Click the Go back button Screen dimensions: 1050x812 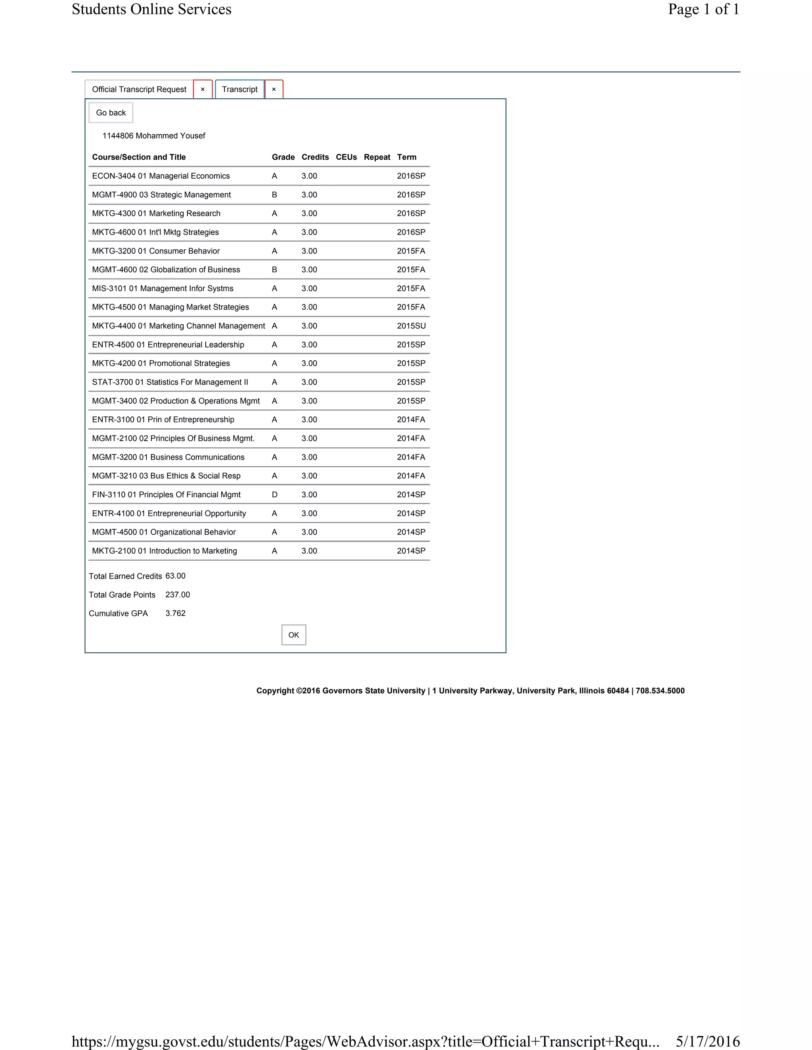[111, 113]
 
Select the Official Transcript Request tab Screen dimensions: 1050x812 [139, 90]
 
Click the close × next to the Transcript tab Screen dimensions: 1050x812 [274, 90]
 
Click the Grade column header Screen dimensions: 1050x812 [283, 157]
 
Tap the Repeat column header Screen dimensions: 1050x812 [377, 157]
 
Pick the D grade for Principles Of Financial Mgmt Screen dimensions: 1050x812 [274, 495]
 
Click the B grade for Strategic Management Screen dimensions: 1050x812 [274, 195]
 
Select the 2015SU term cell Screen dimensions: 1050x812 [411, 326]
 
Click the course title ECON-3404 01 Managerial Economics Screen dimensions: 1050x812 [161, 176]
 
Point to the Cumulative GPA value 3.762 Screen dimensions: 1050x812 [175, 613]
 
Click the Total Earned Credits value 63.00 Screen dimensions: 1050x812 [175, 576]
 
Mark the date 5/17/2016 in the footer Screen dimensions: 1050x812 [708, 1041]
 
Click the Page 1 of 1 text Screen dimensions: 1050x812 [703, 9]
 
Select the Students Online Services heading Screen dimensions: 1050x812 [151, 9]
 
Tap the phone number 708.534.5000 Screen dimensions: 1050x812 [660, 691]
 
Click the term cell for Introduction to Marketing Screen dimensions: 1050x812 [411, 551]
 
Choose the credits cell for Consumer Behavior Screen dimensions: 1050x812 [309, 251]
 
